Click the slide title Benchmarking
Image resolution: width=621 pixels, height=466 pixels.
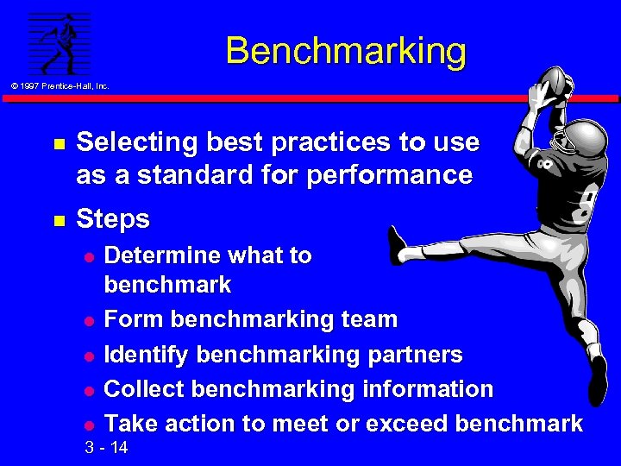346,51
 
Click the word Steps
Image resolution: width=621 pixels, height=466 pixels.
113,219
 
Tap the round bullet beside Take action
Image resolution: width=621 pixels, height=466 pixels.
88,425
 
